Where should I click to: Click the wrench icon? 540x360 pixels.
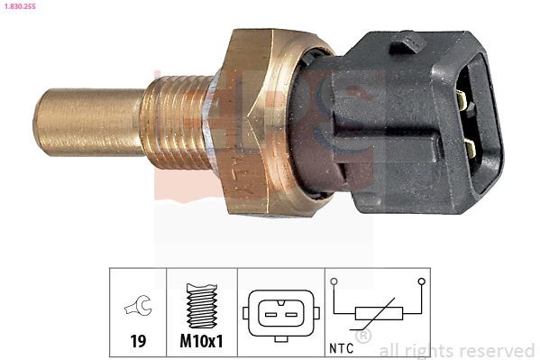138,309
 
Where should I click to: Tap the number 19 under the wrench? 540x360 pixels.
138,342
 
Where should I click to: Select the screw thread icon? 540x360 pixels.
201,305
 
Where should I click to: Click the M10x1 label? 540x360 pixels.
202,342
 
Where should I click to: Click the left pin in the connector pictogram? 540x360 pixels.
270,314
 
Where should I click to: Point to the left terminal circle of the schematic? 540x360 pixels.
334,282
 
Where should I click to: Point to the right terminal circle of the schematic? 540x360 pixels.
421,282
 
